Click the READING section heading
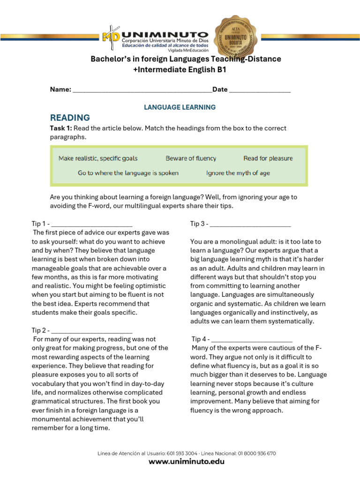click(70, 118)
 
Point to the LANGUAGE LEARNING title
click(180, 107)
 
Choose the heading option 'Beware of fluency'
click(191, 158)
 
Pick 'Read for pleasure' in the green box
click(268, 158)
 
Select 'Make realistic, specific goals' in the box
click(98, 158)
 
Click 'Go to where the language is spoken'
click(128, 173)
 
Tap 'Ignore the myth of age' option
click(238, 173)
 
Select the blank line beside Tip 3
click(250, 225)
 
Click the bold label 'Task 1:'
click(61, 128)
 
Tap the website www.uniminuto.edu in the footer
click(186, 462)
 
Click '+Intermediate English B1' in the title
click(180, 69)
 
